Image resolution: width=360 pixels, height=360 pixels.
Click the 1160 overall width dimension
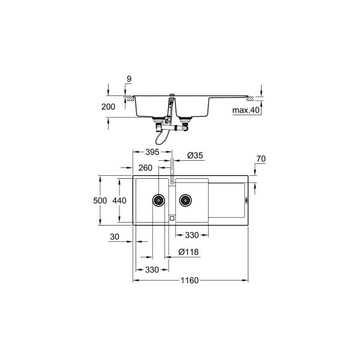[190, 280]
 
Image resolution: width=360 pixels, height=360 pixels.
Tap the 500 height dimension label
[106, 200]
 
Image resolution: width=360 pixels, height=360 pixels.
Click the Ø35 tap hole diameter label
[195, 155]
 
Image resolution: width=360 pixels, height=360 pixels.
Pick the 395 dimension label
[152, 152]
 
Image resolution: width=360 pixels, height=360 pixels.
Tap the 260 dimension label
[146, 168]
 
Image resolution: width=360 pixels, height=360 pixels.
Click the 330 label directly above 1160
[152, 269]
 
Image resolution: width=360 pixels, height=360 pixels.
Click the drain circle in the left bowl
[158, 199]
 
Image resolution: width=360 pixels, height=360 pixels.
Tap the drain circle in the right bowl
[185, 199]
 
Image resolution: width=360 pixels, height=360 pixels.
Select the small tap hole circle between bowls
[172, 181]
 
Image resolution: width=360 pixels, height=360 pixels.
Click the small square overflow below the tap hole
[172, 218]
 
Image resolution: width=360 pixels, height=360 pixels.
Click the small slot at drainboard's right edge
[245, 200]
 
